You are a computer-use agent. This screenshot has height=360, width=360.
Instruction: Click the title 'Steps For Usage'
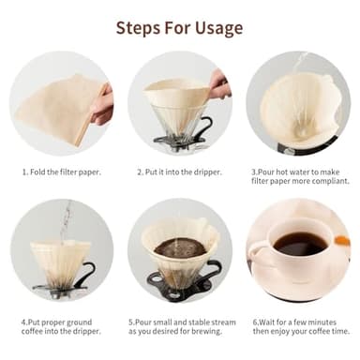[179, 27]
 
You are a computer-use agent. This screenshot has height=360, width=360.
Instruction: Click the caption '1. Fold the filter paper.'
[61, 172]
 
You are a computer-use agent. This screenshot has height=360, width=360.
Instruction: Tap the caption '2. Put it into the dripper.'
[180, 172]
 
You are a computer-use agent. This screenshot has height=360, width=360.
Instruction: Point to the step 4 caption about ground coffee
[61, 327]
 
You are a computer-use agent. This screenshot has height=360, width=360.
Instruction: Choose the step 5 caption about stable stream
[180, 327]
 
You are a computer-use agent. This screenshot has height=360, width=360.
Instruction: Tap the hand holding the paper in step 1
[103, 103]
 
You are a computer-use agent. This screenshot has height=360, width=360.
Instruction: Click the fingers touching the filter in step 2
[218, 86]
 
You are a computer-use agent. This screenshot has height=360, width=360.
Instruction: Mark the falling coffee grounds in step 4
[65, 221]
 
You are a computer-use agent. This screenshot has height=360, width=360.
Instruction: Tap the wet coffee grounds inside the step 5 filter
[179, 247]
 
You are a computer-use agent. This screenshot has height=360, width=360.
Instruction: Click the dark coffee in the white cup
[300, 244]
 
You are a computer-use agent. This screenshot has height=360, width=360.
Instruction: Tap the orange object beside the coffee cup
[342, 242]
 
